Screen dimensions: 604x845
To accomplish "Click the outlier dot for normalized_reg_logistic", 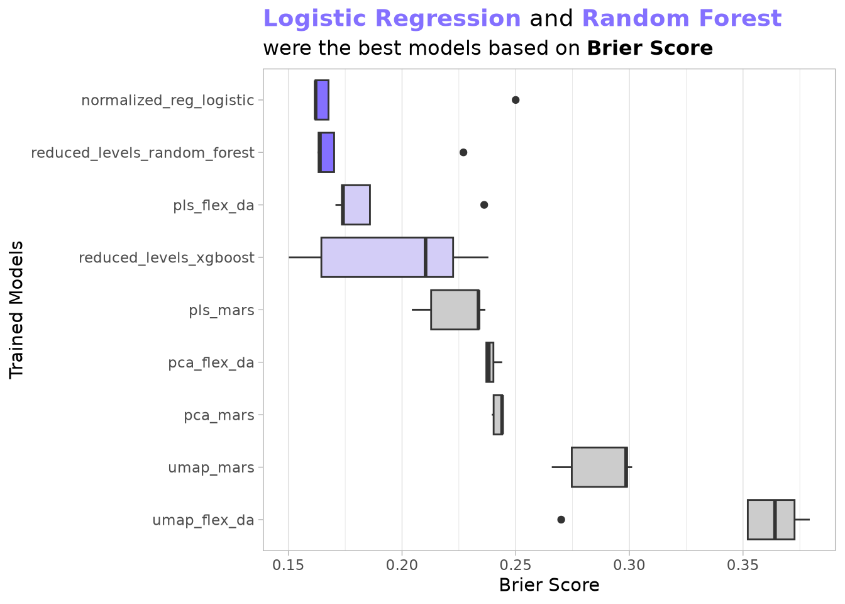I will (516, 100).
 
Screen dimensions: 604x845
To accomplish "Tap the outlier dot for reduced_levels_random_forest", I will (463, 152).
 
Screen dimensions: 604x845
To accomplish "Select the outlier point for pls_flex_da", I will (484, 204).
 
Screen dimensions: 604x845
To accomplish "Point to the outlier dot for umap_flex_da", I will (561, 520).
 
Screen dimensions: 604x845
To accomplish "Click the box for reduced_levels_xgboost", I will (387, 257).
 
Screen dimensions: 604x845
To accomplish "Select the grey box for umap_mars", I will (599, 467).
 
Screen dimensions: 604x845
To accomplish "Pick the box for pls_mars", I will (455, 310).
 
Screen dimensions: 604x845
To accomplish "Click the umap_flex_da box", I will (771, 520).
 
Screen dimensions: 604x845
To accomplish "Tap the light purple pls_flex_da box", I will (356, 204).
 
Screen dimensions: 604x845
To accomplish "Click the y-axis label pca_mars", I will (219, 415).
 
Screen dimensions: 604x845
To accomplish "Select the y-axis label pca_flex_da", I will (211, 363).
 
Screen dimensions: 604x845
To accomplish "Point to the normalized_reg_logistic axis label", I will (168, 101).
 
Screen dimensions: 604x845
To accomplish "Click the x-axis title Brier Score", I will (549, 585).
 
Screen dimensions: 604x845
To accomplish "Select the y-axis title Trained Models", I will (17, 310).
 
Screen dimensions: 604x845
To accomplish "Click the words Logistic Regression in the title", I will (392, 19).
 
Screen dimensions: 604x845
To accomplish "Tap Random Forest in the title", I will (682, 19).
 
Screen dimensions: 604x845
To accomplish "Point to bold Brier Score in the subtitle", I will (649, 48).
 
